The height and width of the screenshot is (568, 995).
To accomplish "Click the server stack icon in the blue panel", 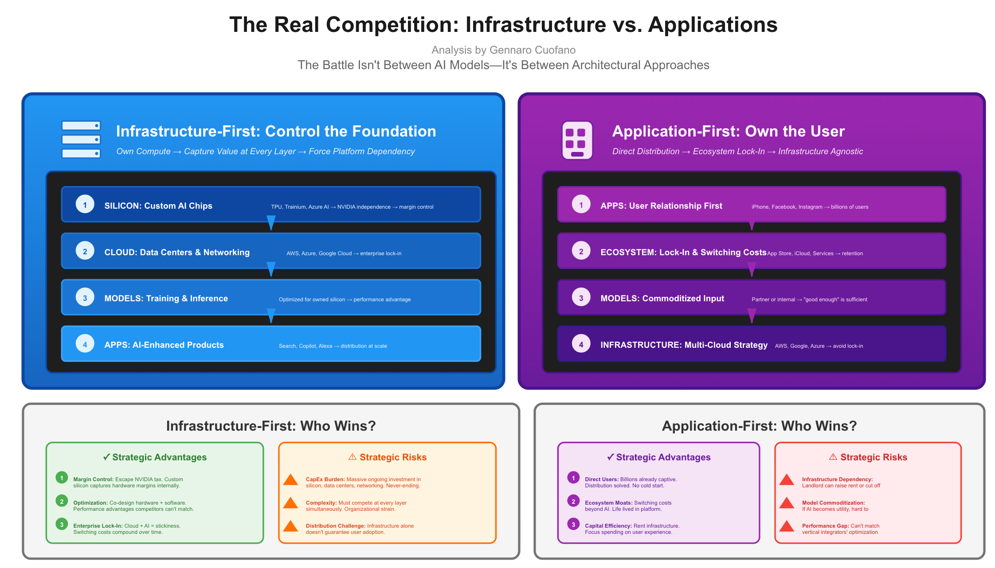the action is (81, 140).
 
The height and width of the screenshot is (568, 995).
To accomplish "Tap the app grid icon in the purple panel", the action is (577, 140).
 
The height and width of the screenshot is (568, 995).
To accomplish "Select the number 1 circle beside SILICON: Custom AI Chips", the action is (85, 205).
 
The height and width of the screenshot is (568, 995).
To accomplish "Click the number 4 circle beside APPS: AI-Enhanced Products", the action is (85, 344).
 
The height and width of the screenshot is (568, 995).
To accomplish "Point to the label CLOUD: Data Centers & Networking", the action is (177, 252).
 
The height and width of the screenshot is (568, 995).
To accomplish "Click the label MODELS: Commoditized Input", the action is (662, 299).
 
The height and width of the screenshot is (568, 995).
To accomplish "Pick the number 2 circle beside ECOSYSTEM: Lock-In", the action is (581, 251).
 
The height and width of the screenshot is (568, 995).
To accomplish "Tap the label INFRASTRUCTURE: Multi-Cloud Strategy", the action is (684, 345).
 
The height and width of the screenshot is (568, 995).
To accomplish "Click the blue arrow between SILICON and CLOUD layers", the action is (271, 223).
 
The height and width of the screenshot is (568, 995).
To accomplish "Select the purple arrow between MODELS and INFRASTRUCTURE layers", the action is (752, 316).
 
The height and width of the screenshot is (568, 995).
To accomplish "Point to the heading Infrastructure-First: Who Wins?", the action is (271, 426).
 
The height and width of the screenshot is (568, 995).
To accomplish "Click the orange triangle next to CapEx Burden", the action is (290, 479).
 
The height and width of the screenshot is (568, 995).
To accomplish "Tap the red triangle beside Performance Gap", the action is (787, 526).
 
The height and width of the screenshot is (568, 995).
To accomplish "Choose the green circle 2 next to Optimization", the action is (62, 501).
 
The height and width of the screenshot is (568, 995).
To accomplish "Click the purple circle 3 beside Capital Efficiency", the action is (573, 524).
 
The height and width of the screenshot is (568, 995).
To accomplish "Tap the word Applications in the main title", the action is (713, 25).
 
